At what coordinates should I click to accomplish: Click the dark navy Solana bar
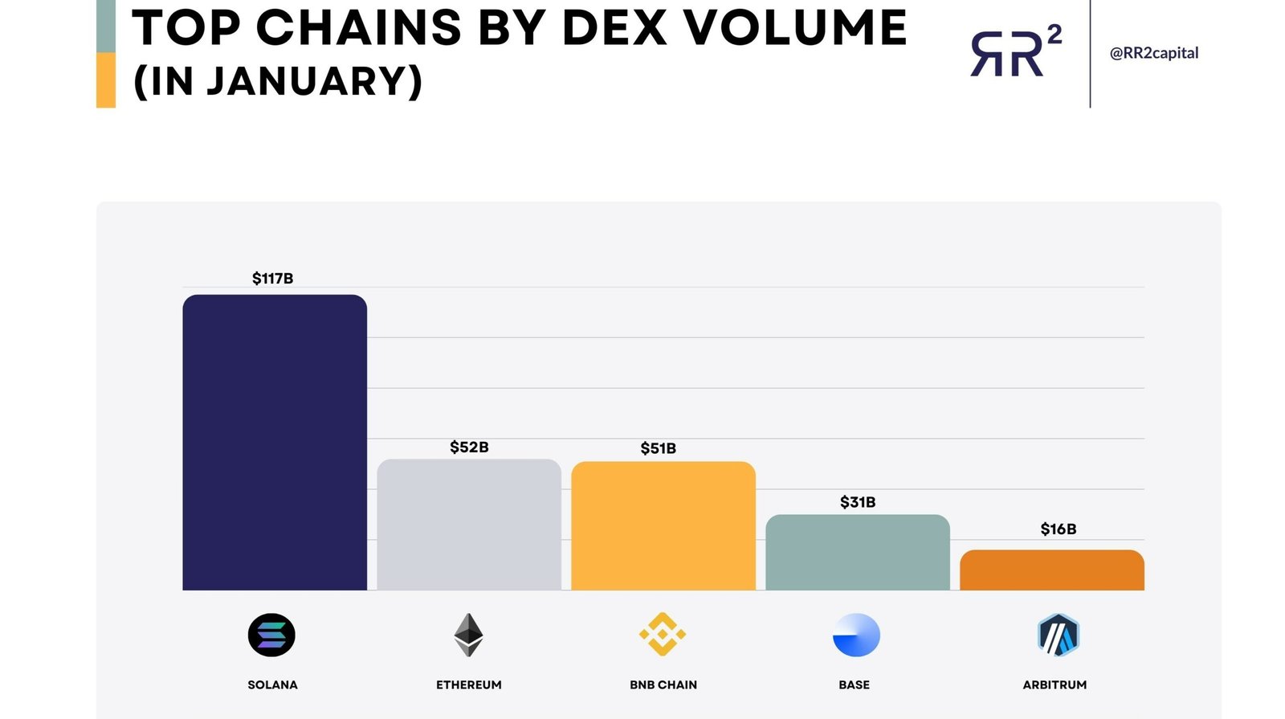pyautogui.click(x=275, y=442)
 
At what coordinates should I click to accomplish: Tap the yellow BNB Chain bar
pyautogui.click(x=663, y=525)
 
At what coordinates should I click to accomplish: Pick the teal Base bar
pyautogui.click(x=858, y=553)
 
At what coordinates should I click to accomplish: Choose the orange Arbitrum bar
pyautogui.click(x=1052, y=570)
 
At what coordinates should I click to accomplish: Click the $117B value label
pyautogui.click(x=272, y=279)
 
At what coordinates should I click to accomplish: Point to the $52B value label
pyautogui.click(x=469, y=447)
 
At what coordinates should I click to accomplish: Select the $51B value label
pyautogui.click(x=658, y=448)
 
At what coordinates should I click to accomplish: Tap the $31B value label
pyautogui.click(x=858, y=502)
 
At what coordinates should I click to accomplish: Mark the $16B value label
pyautogui.click(x=1058, y=529)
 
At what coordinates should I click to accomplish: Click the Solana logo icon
pyautogui.click(x=271, y=635)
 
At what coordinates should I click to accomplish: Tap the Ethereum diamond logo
pyautogui.click(x=469, y=635)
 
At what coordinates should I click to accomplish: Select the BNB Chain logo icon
pyautogui.click(x=663, y=634)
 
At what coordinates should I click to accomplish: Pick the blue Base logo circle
pyautogui.click(x=856, y=635)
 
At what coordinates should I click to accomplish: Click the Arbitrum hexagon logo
pyautogui.click(x=1058, y=635)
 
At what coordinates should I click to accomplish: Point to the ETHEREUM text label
pyautogui.click(x=469, y=684)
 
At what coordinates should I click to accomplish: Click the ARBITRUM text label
pyautogui.click(x=1055, y=684)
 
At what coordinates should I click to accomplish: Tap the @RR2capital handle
pyautogui.click(x=1153, y=53)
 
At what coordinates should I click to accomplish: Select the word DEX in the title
pyautogui.click(x=614, y=28)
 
